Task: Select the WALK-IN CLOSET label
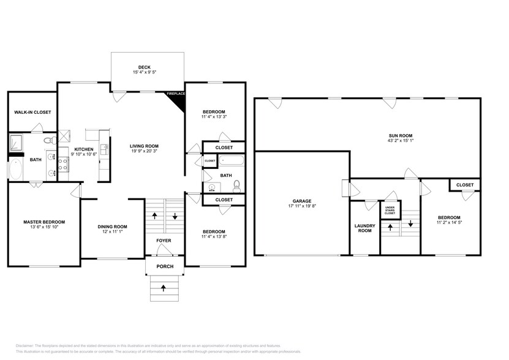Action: (x=32, y=112)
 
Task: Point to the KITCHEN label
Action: (x=83, y=149)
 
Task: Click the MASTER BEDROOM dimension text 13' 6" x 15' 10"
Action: (x=44, y=228)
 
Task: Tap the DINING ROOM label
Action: (x=112, y=227)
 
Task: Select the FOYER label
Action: (x=164, y=240)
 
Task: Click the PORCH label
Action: (x=164, y=266)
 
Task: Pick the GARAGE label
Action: (x=301, y=201)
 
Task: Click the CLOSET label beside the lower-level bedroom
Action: (x=465, y=184)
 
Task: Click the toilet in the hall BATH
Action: (x=236, y=186)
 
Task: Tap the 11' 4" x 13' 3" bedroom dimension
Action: (x=214, y=116)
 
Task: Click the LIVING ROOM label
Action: (x=144, y=145)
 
